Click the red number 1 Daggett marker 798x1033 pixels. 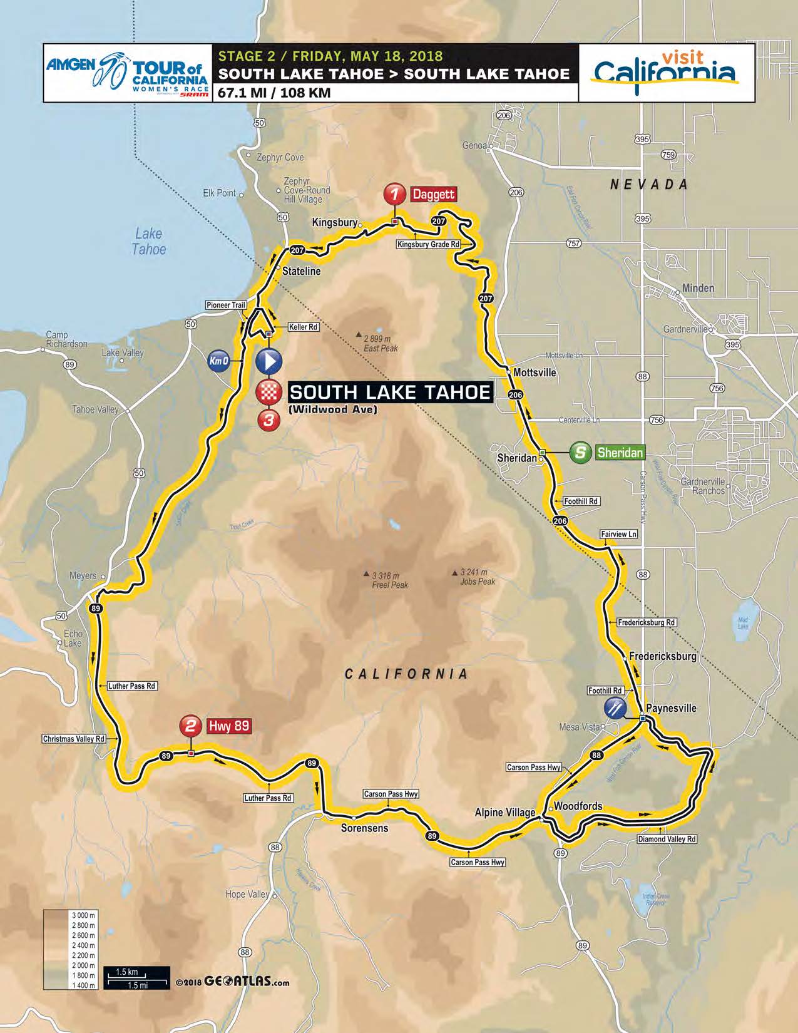[x=394, y=193]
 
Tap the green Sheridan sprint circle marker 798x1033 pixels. [x=581, y=452]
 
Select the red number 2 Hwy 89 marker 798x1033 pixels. [x=190, y=726]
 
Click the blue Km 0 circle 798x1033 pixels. [x=219, y=361]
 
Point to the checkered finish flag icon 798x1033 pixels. [x=269, y=393]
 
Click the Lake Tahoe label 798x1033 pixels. [x=149, y=242]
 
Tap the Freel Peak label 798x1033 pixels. [x=389, y=580]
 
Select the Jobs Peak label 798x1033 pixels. [x=477, y=577]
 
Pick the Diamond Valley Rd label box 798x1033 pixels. [x=666, y=839]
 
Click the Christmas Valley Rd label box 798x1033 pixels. [x=74, y=739]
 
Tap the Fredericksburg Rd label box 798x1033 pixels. [x=647, y=622]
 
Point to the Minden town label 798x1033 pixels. [x=697, y=288]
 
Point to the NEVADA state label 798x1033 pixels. [x=648, y=185]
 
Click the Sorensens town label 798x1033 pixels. [x=364, y=828]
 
